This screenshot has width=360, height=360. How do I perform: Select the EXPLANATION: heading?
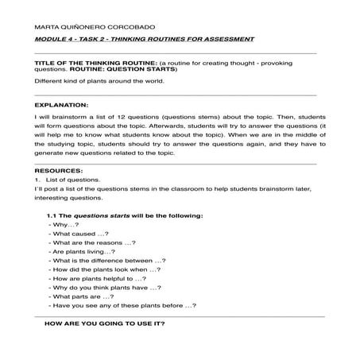pos(62,104)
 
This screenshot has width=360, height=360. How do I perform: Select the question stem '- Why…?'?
pos(63,226)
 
